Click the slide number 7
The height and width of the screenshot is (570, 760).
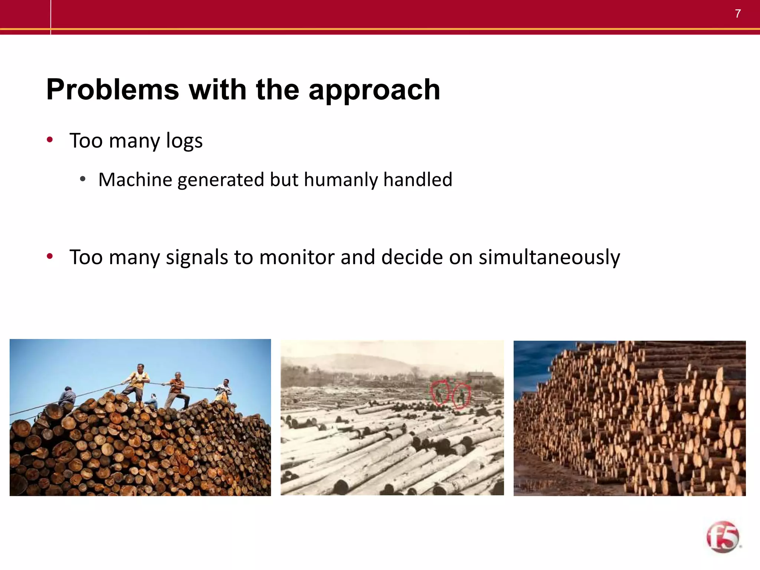738,14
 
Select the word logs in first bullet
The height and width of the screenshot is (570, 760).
184,141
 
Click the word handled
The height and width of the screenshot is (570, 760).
417,180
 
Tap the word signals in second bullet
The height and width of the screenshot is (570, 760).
197,257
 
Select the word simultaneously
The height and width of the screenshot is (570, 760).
549,258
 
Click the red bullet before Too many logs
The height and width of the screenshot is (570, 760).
50,140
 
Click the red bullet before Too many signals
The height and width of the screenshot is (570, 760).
50,256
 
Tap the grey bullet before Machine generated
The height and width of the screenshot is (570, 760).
83,179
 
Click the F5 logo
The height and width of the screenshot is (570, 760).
723,537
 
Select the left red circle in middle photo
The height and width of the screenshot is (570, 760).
440,393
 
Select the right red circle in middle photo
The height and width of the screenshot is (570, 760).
461,396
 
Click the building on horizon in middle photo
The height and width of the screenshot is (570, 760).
481,377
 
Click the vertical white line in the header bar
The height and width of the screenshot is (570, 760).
50,17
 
